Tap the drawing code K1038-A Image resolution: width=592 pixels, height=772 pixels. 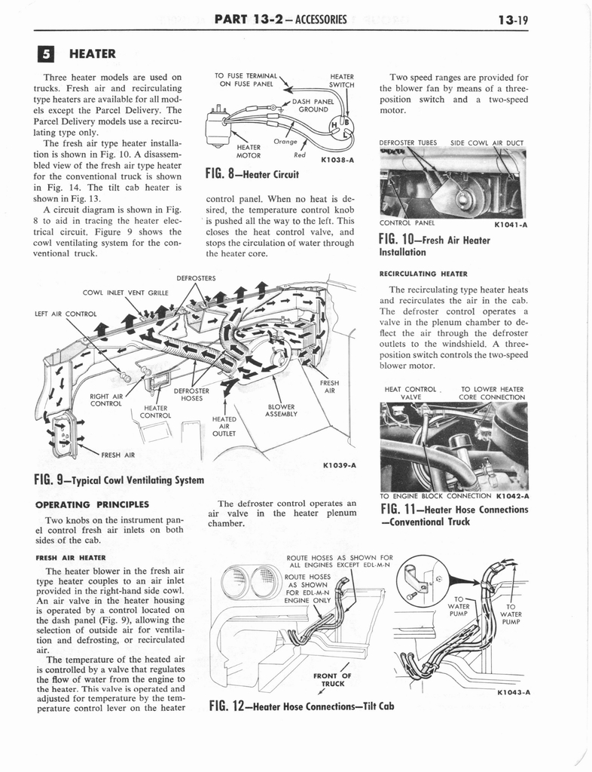tap(337, 160)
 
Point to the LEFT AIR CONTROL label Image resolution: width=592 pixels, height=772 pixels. tap(66, 313)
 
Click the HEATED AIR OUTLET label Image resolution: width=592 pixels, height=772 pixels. tap(224, 426)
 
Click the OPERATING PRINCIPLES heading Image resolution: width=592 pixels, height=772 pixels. tap(91, 504)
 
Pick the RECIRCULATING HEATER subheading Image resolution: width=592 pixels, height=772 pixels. tap(428, 273)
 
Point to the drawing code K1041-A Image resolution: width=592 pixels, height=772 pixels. tap(511, 223)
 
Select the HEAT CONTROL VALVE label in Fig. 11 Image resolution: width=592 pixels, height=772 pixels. tap(410, 393)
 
